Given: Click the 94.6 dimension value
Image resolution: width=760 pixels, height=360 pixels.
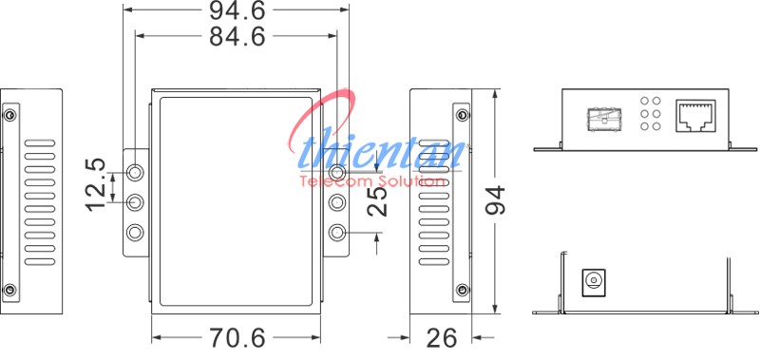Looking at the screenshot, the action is click(237, 10).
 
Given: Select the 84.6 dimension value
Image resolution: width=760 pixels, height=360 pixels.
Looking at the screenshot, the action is click(237, 36).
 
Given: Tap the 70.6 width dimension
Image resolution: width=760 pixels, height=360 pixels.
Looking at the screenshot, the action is click(237, 338).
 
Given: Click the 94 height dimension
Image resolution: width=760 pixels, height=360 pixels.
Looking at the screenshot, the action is click(495, 199).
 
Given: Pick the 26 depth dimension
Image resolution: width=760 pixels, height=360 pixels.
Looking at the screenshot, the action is click(442, 338).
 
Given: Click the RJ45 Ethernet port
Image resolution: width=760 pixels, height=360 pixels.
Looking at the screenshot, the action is click(695, 116).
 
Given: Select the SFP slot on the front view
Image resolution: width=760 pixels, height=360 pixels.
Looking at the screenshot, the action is click(603, 119).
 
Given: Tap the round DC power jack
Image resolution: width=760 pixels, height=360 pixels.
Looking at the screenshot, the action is click(593, 280).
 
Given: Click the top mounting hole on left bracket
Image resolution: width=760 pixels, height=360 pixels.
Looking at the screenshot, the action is click(135, 172).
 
